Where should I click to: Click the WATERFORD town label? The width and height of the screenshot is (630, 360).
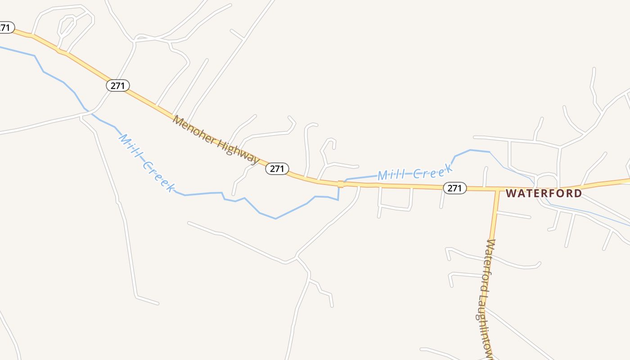(x=544, y=193)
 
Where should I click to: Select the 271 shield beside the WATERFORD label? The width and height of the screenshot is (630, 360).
(x=454, y=188)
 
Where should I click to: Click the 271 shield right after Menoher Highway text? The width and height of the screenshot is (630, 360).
(x=277, y=169)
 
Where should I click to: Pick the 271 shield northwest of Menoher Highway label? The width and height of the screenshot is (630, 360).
(x=118, y=85)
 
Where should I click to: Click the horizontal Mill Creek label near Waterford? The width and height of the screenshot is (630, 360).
(x=414, y=172)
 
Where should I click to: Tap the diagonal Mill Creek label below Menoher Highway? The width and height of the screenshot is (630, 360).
(x=146, y=163)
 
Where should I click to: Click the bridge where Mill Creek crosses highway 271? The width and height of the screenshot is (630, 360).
(x=341, y=184)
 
